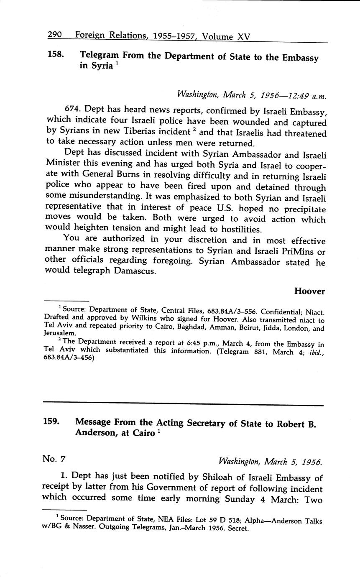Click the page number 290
coord(55,35)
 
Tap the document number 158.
coord(55,54)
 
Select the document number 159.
coord(51,422)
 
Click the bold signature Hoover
coord(309,291)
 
